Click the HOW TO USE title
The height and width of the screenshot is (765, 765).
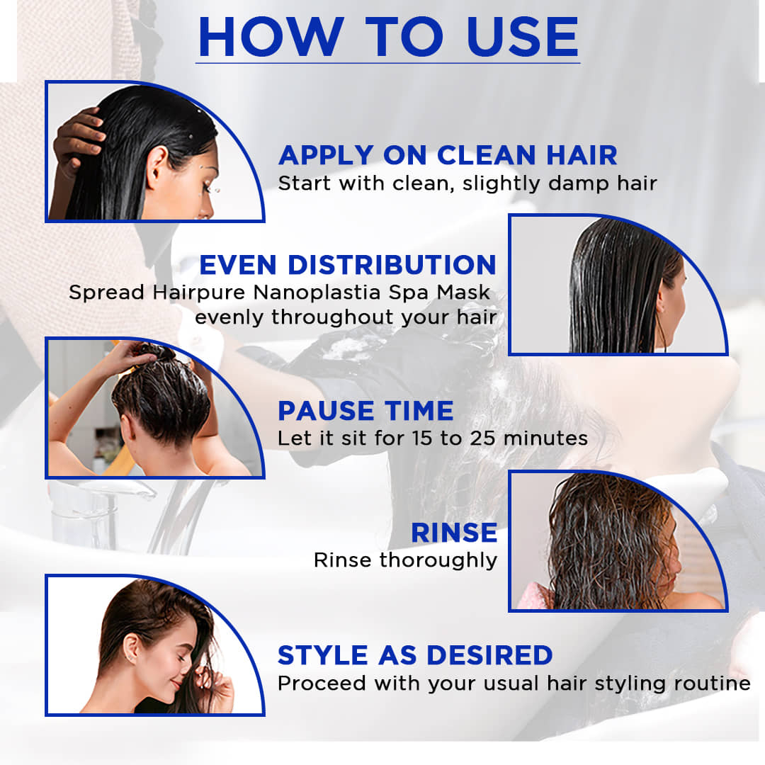pos(388,37)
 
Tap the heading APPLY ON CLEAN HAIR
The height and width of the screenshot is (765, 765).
pos(448,155)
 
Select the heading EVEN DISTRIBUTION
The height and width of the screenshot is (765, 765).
pos(348,265)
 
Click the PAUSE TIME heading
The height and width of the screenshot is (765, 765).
pos(365,410)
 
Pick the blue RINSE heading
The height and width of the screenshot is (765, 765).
pos(454,532)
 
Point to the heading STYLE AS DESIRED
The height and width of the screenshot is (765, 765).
pos(415,654)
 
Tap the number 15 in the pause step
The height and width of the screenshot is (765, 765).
pos(423,438)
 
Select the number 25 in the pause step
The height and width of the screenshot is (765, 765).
pos(482,438)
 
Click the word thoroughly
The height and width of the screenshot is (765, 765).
pos(438,560)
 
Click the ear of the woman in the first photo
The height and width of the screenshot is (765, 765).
pos(157,166)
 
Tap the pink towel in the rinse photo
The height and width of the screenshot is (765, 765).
pos(535,596)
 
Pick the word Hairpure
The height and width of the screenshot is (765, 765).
pos(198,293)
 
